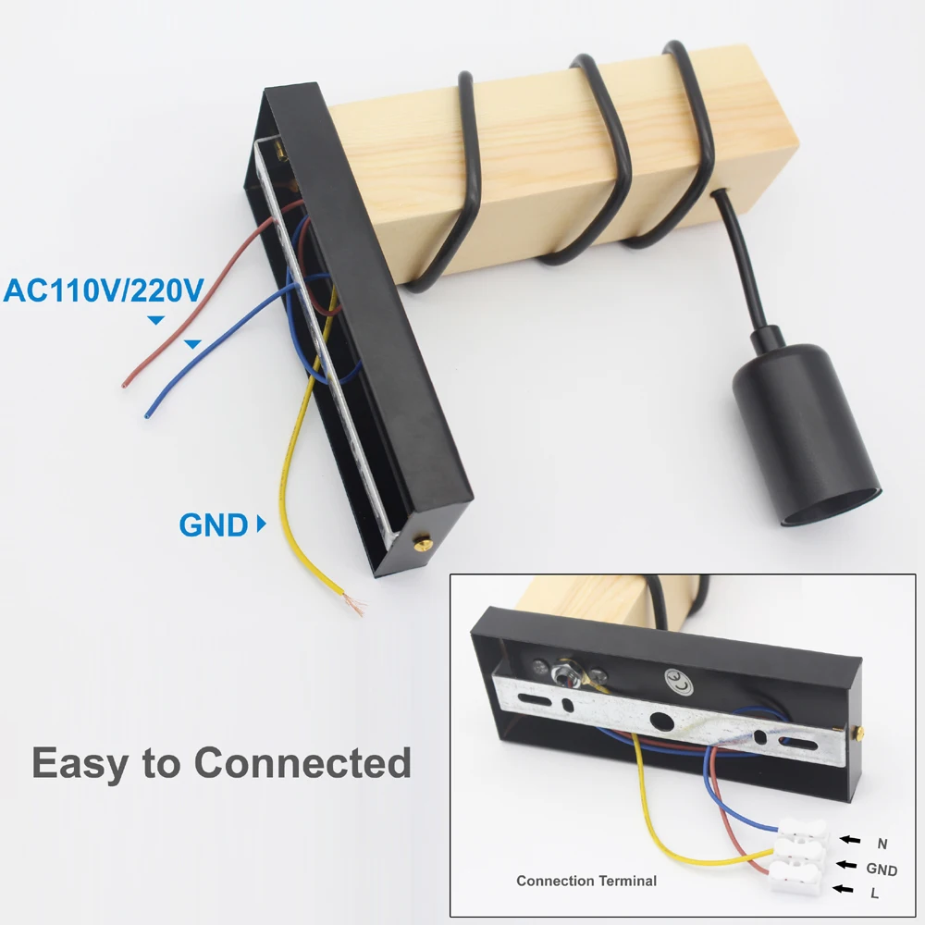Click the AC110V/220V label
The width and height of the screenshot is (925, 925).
tap(103, 290)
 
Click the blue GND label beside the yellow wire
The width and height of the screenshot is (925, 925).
tap(214, 525)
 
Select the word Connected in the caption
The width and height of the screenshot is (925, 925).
tap(302, 764)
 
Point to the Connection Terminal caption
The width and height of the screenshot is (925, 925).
tap(586, 881)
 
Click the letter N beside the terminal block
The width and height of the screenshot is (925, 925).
tap(882, 843)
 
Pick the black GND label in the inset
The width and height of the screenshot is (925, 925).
tap(882, 869)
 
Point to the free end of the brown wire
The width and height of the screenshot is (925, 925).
tap(127, 381)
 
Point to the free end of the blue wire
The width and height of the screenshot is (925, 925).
tap(147, 413)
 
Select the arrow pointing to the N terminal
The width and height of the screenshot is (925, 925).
tap(848, 840)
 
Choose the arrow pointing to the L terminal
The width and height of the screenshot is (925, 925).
tap(842, 890)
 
